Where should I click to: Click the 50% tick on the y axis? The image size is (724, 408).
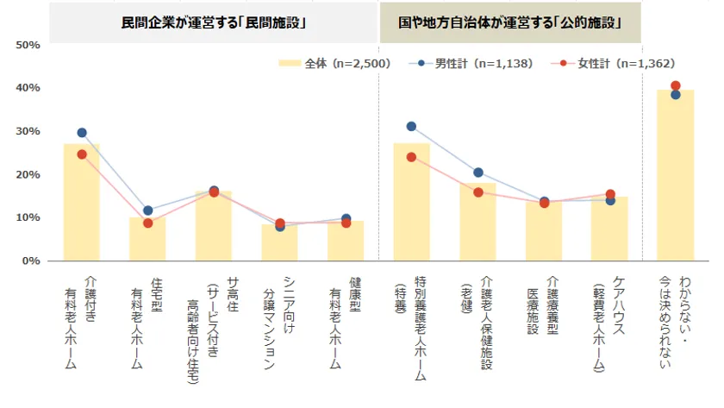pyautogui.click(x=28, y=45)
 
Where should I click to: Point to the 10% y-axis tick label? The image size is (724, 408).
pyautogui.click(x=28, y=217)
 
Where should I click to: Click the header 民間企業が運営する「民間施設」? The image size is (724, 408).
pyautogui.click(x=215, y=22)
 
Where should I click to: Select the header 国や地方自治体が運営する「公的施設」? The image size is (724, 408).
pyautogui.click(x=511, y=22)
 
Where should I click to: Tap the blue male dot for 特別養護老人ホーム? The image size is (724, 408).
pyautogui.click(x=411, y=127)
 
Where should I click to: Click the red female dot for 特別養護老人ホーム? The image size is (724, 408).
pyautogui.click(x=411, y=157)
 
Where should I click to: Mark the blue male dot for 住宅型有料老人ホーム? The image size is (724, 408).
pyautogui.click(x=147, y=210)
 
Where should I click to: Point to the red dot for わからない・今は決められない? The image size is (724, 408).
pyautogui.click(x=676, y=85)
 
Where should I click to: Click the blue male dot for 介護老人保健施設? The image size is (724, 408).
pyautogui.click(x=478, y=173)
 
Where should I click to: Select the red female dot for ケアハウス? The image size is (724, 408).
pyautogui.click(x=610, y=195)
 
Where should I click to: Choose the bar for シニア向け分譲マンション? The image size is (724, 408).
pyautogui.click(x=280, y=242)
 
